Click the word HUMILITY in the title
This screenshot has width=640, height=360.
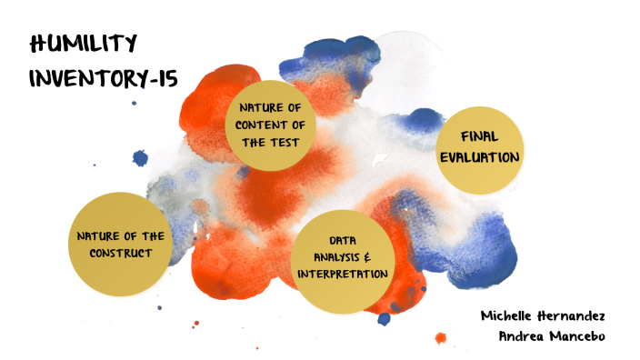tap(83, 43)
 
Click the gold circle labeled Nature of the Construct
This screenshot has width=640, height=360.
tap(121, 243)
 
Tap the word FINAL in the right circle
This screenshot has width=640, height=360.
tap(479, 136)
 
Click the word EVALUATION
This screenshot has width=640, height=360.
tap(479, 156)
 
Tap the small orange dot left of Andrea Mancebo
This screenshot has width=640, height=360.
tap(442, 338)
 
